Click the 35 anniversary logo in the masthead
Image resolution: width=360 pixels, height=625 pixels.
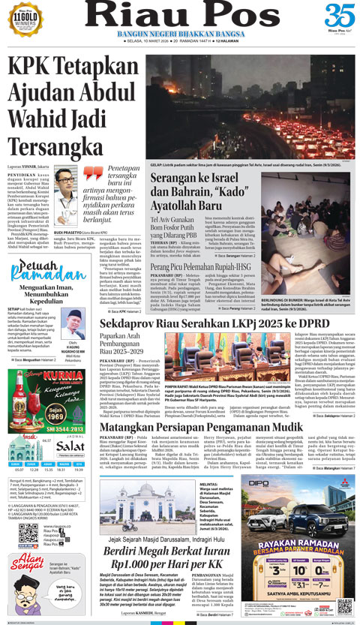(x=340, y=17)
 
